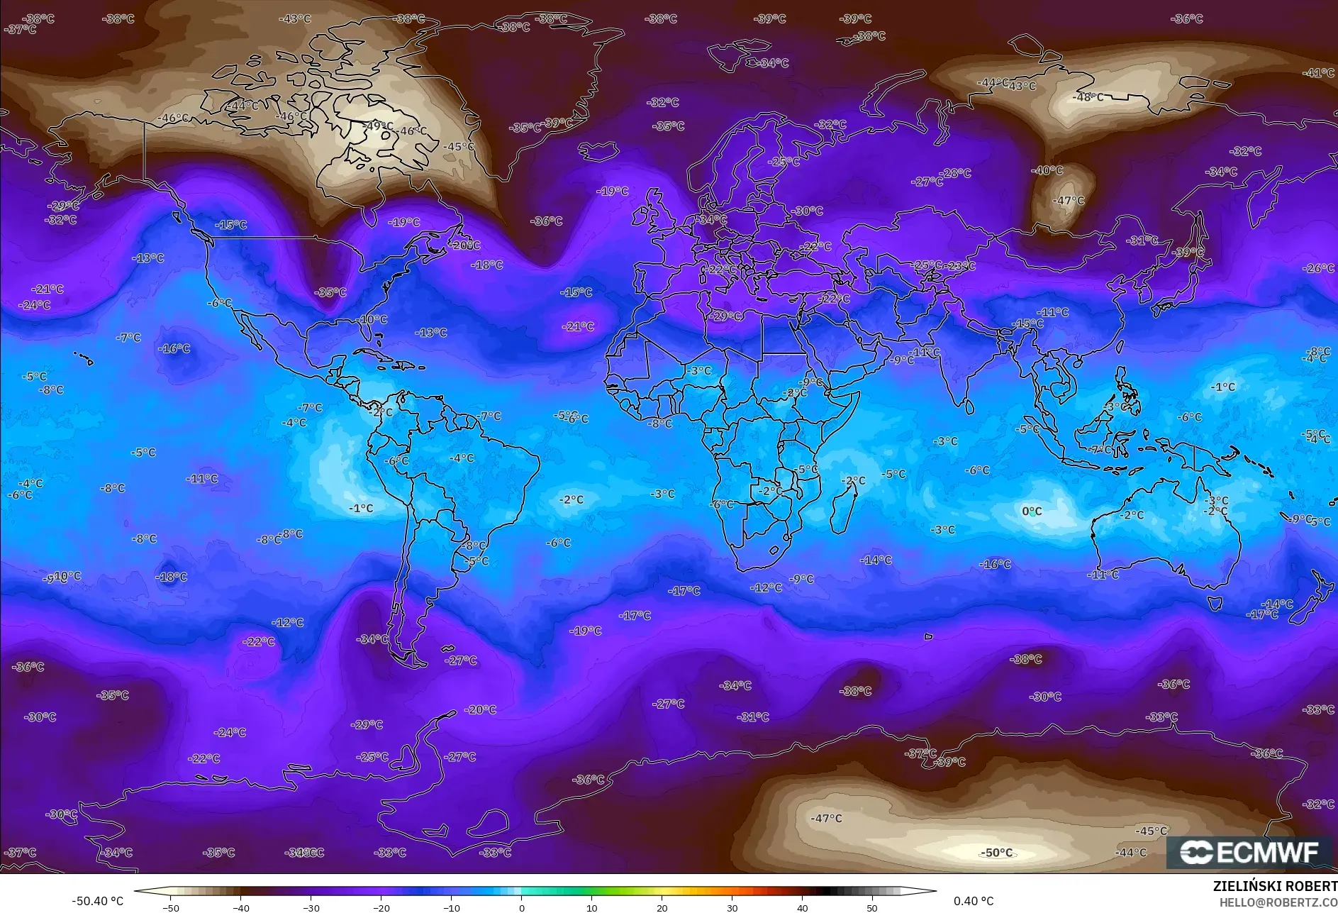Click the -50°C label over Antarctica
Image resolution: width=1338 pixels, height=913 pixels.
[996, 853]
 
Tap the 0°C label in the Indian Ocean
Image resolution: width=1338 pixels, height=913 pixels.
[1032, 511]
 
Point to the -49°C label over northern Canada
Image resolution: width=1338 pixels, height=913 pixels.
[378, 126]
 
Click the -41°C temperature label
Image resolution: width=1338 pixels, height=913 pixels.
[1319, 73]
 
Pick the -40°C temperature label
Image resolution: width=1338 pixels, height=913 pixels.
[1047, 170]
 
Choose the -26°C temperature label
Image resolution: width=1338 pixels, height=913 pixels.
[1318, 268]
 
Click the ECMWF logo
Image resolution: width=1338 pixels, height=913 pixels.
[1249, 852]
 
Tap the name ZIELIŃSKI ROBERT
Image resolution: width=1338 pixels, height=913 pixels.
[1274, 886]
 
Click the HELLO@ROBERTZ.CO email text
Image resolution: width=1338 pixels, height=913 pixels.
[1278, 902]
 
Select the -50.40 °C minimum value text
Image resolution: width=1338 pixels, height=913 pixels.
[97, 901]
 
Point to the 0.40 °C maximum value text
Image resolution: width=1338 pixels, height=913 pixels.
[973, 901]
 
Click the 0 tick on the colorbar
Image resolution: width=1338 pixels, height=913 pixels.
[522, 907]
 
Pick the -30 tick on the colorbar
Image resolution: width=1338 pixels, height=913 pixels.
[311, 907]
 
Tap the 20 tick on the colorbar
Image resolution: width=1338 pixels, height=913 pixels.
[662, 907]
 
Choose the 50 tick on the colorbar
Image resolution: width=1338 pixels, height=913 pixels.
[871, 907]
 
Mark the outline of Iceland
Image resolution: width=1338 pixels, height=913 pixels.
[598, 151]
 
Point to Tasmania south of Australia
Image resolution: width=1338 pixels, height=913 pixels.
[1215, 603]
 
